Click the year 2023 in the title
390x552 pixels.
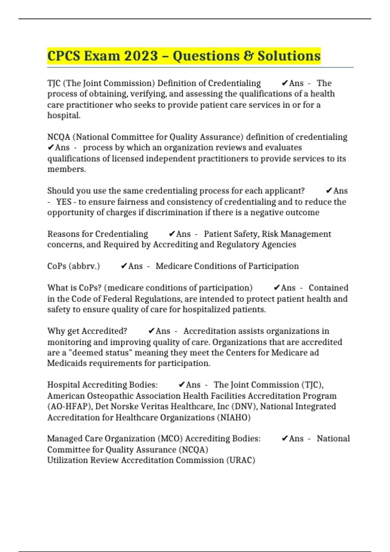click(140, 56)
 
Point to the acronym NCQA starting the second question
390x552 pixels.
click(59, 137)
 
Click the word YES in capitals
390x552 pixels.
click(64, 202)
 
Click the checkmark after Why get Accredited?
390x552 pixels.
click(151, 331)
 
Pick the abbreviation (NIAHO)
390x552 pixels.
click(234, 418)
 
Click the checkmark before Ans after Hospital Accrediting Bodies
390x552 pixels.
click(182, 385)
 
